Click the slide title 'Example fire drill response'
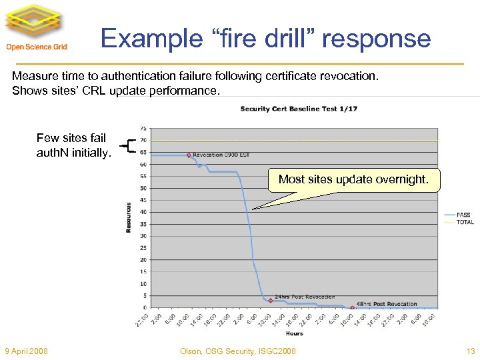[265, 38]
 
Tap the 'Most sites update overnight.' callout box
[353, 179]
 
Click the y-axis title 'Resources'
[129, 217]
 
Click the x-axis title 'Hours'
[294, 333]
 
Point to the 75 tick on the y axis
[143, 128]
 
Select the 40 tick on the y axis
[143, 212]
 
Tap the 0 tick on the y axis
[145, 308]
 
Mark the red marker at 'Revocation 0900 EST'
[189, 155]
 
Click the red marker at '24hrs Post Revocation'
[271, 300]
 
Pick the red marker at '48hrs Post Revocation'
[353, 307]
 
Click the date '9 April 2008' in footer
[26, 351]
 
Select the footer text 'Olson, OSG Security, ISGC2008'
[238, 351]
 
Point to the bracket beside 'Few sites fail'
[129, 145]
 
